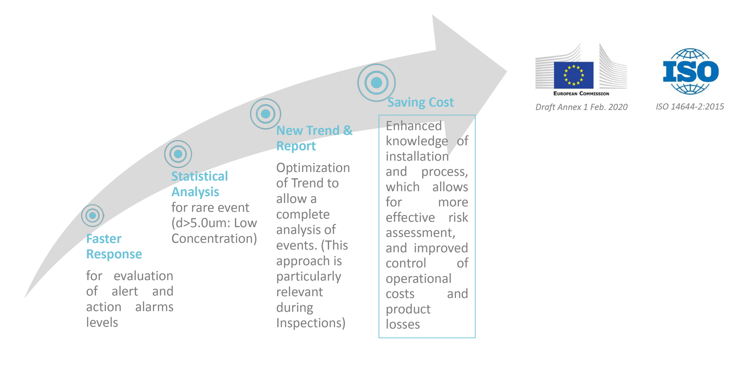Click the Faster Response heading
coord(114,246)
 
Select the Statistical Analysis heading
coord(199,184)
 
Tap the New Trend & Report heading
coord(314,138)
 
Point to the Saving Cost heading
coord(420,102)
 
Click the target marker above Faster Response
coord(92,215)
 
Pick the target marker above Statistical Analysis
coord(178,154)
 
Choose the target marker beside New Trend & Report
coord(265,114)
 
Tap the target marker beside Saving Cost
coord(376,83)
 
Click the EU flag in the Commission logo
coord(573,74)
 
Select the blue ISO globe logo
coord(690,71)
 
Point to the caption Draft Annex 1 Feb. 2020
coord(581,107)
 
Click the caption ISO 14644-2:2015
coord(690,107)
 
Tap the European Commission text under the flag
coord(581,94)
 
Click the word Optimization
coord(313,168)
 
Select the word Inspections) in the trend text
coord(311,323)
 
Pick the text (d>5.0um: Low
coord(214,223)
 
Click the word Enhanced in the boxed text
coord(414,126)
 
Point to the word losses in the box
coord(403,324)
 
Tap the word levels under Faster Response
coord(102,322)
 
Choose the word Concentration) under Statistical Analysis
coord(214,239)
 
